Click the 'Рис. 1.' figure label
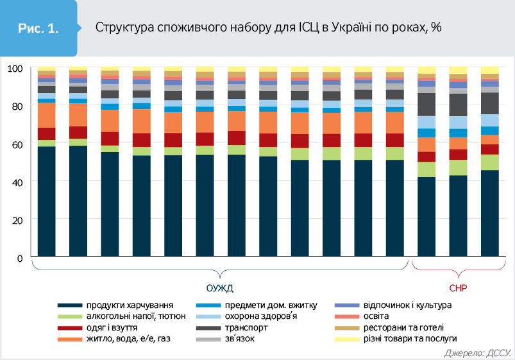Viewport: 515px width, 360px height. coord(39,28)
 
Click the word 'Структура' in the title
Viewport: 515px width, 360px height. coord(121,28)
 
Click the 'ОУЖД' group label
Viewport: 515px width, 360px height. coord(219,287)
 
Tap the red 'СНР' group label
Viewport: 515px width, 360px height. coord(458,287)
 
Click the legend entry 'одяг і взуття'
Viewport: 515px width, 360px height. coord(113,327)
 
